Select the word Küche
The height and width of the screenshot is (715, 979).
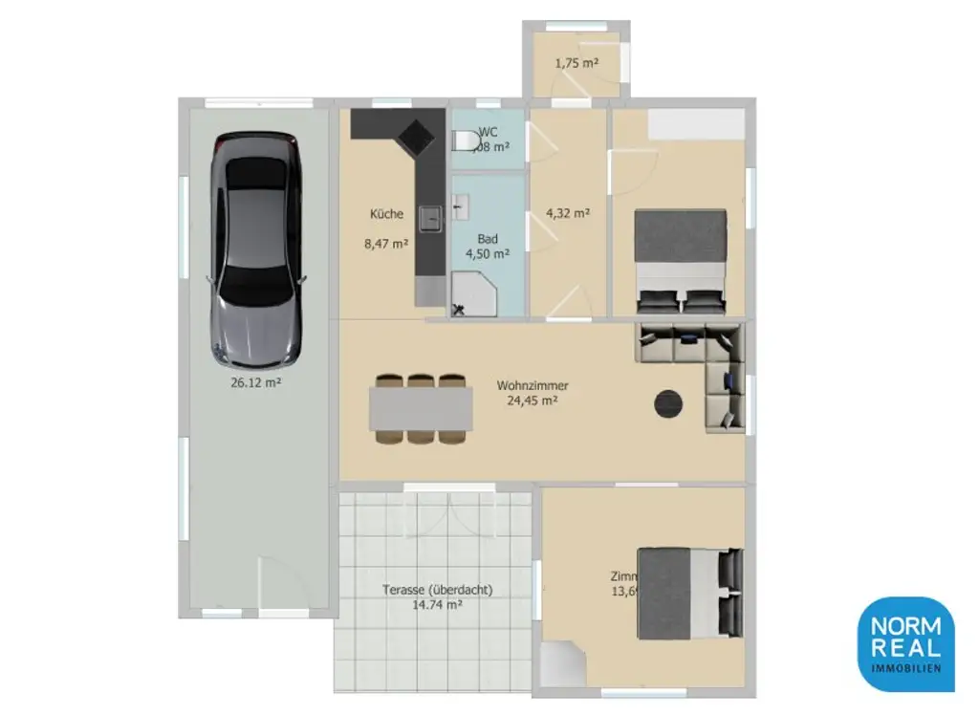click(386, 214)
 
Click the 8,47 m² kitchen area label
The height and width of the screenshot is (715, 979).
click(386, 244)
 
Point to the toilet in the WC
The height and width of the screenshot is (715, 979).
click(466, 141)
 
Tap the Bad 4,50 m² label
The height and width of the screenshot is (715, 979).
click(487, 247)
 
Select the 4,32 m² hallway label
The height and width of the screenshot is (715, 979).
click(567, 213)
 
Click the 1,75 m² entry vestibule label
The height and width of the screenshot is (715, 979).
click(577, 63)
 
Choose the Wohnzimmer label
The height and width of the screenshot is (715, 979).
click(533, 386)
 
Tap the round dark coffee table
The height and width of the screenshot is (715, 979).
click(669, 403)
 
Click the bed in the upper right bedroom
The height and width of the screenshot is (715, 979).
click(681, 260)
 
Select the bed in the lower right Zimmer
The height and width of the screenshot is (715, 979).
click(688, 593)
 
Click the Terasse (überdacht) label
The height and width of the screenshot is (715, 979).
click(437, 591)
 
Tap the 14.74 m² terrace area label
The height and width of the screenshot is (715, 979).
click(437, 605)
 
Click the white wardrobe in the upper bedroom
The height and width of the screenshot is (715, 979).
click(696, 123)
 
